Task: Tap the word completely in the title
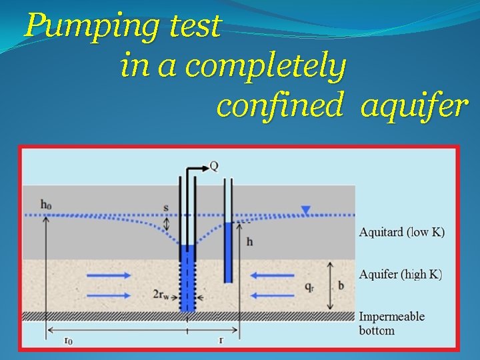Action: point(266,67)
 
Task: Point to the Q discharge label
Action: point(213,166)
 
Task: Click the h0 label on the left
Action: point(45,205)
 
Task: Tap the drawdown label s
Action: point(166,207)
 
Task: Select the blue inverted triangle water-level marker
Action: point(305,211)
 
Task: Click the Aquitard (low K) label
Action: point(401,232)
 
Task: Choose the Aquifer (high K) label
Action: point(400,275)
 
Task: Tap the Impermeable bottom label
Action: point(391,323)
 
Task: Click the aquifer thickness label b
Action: point(341,285)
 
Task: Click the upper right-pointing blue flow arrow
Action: point(109,275)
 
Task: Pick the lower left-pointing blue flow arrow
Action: point(272,295)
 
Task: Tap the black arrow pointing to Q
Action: point(197,167)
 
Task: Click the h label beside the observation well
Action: point(249,241)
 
